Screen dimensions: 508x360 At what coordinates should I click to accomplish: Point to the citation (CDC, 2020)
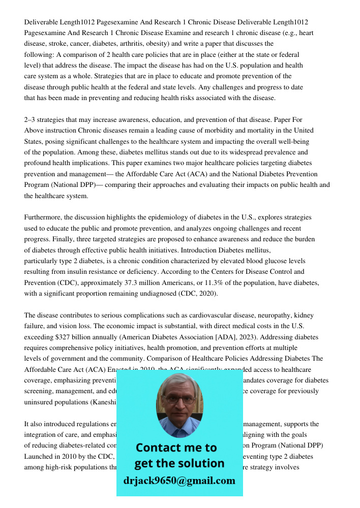191,294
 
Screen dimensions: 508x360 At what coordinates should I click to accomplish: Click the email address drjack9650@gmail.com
179,481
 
